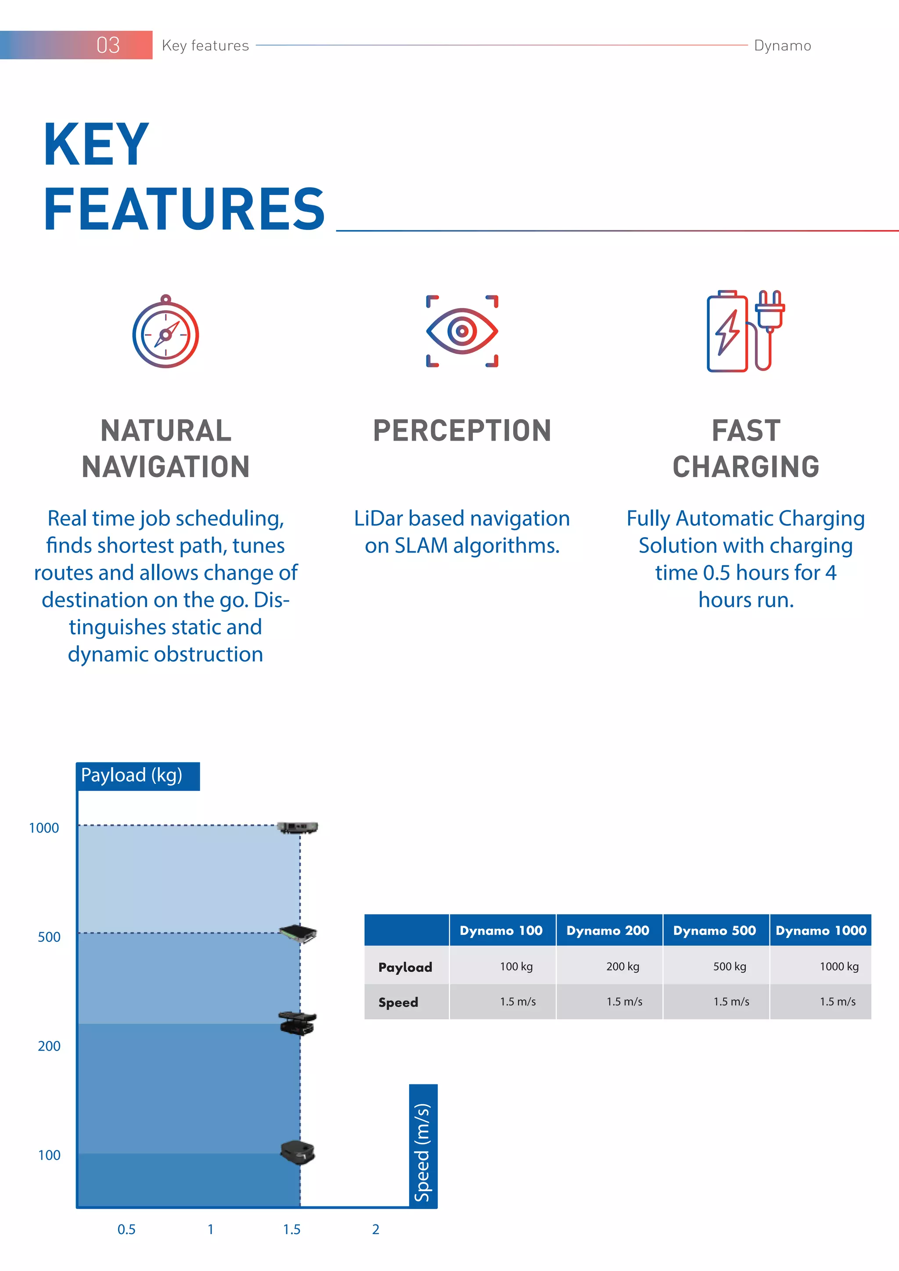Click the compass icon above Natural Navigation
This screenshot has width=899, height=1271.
[165, 332]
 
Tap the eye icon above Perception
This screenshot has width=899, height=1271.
[462, 331]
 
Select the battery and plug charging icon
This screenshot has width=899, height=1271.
[745, 331]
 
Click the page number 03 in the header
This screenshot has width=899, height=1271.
[108, 45]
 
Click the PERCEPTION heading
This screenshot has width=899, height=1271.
[462, 431]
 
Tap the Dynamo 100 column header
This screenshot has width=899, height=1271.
[501, 930]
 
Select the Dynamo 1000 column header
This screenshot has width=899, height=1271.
[820, 930]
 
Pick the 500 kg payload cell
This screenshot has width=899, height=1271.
[729, 966]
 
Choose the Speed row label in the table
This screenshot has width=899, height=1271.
[398, 1002]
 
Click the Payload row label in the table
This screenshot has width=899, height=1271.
[405, 967]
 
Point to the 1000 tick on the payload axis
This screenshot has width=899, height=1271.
[44, 828]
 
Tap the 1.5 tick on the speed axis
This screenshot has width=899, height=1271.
[292, 1229]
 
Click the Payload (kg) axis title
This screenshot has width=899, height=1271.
[132, 776]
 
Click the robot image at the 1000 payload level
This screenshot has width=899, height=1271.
[298, 828]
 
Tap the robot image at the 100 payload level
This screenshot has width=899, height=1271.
[298, 1153]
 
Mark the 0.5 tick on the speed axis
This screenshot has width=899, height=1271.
[126, 1229]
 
